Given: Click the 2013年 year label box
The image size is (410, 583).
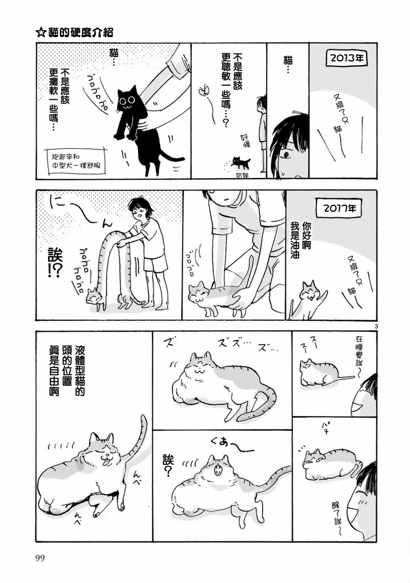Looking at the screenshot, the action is point(347,59).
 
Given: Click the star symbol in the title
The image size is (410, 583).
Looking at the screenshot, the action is point(40,33).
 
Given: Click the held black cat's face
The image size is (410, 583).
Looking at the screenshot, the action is point(127,102).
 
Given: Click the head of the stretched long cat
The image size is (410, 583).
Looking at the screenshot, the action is point(93,296).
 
